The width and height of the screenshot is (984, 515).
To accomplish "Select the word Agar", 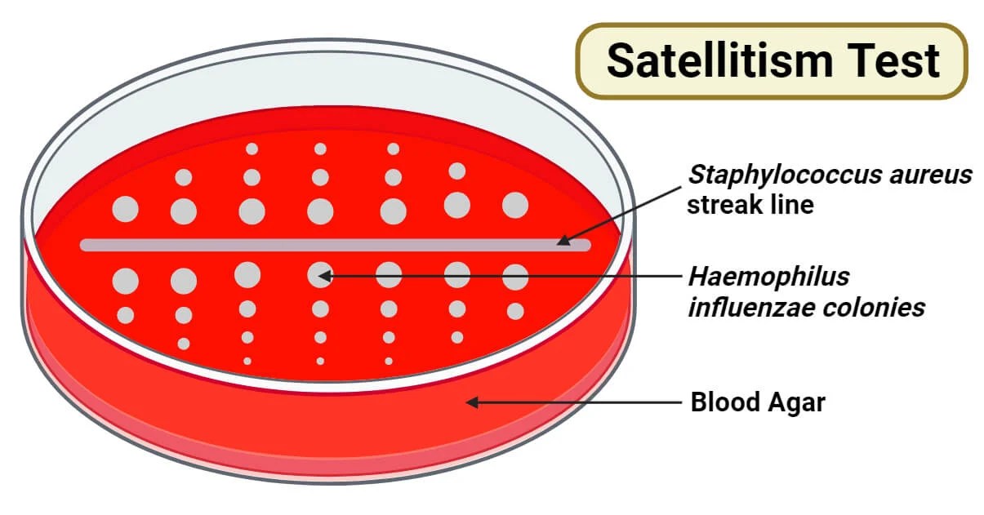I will tap(796, 402).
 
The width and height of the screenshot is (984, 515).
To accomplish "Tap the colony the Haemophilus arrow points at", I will tap(319, 275).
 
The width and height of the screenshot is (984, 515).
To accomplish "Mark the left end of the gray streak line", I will tap(84, 245).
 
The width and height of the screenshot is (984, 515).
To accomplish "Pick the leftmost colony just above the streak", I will tap(126, 210).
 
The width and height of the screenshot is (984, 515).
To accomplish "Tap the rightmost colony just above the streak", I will tap(515, 206).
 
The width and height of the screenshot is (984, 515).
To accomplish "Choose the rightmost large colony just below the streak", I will tap(515, 277).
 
